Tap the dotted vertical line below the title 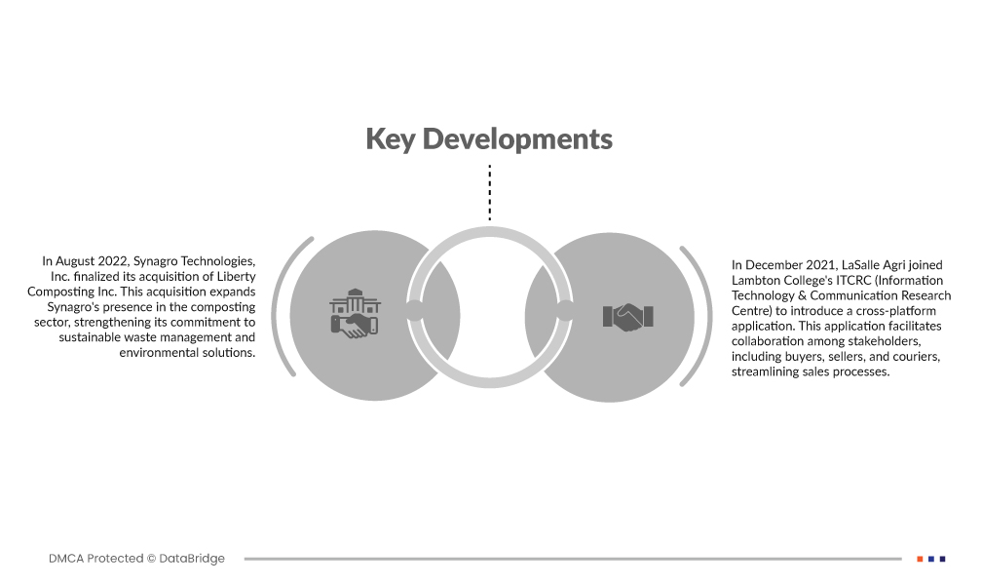coord(490,192)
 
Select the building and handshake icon coord(355,314)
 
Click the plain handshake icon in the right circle coord(627,317)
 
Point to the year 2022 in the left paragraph coord(113,261)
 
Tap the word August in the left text coord(74,261)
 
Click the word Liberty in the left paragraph coord(236,277)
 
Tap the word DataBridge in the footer coord(192,558)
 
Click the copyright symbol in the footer coord(151,558)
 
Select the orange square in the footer coord(920,559)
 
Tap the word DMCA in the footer coord(66,558)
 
